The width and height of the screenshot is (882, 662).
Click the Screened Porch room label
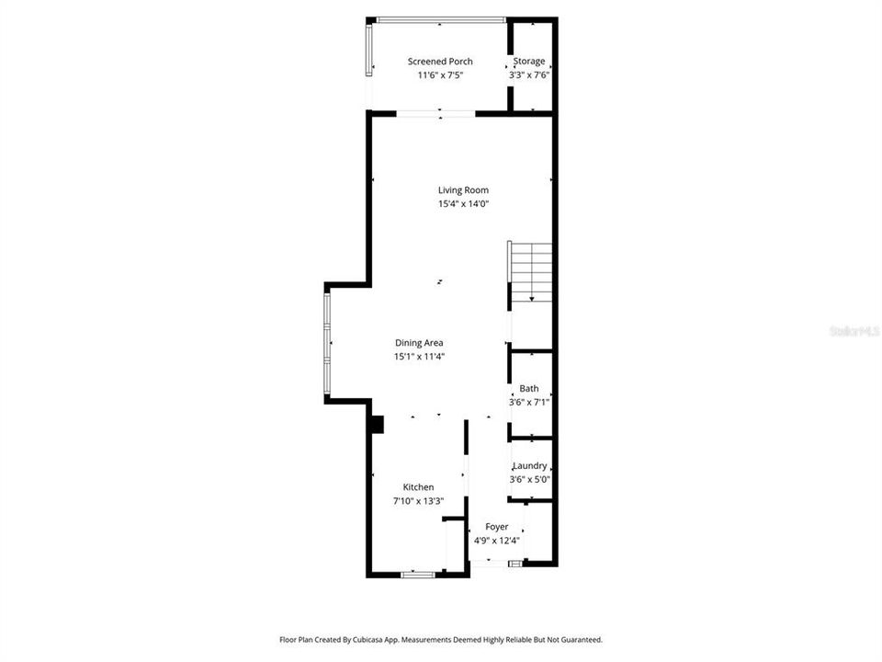(440, 62)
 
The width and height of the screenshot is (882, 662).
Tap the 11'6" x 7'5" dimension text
(440, 75)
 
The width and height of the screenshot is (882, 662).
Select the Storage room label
(529, 62)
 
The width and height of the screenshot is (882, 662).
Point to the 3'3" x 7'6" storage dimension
(529, 75)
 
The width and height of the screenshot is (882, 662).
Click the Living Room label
(463, 190)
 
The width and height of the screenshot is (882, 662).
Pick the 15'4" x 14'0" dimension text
(463, 204)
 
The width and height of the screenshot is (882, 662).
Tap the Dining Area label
(419, 342)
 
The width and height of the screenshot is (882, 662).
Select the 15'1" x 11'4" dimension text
(419, 356)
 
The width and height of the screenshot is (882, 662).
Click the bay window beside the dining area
(327, 344)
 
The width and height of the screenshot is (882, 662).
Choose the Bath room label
(529, 388)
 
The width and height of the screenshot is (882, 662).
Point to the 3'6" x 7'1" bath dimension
(529, 402)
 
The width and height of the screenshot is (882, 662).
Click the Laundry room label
(530, 465)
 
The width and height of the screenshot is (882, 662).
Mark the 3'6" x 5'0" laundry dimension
(530, 479)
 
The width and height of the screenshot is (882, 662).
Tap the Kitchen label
(418, 487)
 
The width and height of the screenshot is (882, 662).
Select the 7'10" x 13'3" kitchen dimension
(418, 501)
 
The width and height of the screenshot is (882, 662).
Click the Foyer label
(497, 527)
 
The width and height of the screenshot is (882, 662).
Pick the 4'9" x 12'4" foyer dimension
(497, 541)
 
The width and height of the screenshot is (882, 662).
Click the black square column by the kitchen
(376, 424)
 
